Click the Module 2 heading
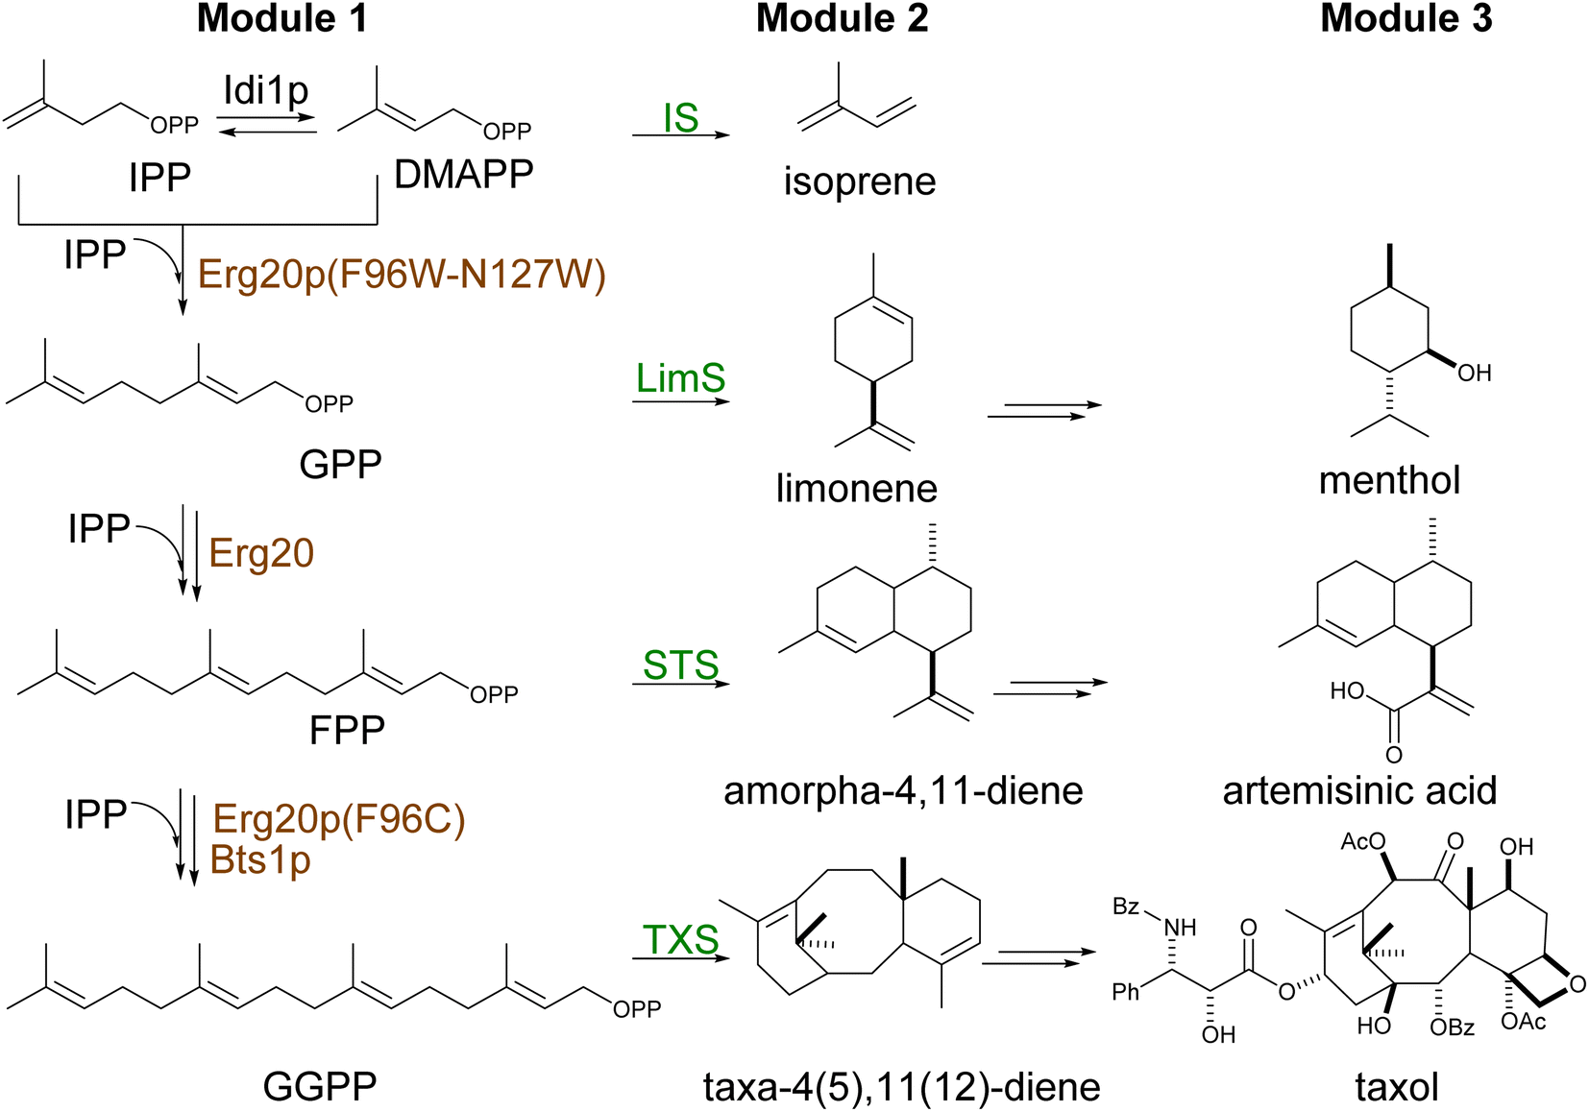(842, 19)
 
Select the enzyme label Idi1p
(266, 91)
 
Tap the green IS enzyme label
(680, 118)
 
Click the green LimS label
(680, 378)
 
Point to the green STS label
(680, 665)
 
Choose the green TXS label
(680, 939)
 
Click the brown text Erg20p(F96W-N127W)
(402, 275)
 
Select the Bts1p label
(260, 859)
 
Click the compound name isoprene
(859, 181)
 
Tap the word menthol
(1389, 480)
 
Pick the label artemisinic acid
(1359, 791)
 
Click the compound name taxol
(1396, 1087)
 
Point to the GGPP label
(320, 1087)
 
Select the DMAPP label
(463, 175)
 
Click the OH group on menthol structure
(1474, 374)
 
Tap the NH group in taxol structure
(1180, 927)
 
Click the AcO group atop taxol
(1362, 842)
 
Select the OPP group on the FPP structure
(494, 694)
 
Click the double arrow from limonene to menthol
(1044, 410)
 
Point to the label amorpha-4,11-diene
(903, 791)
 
